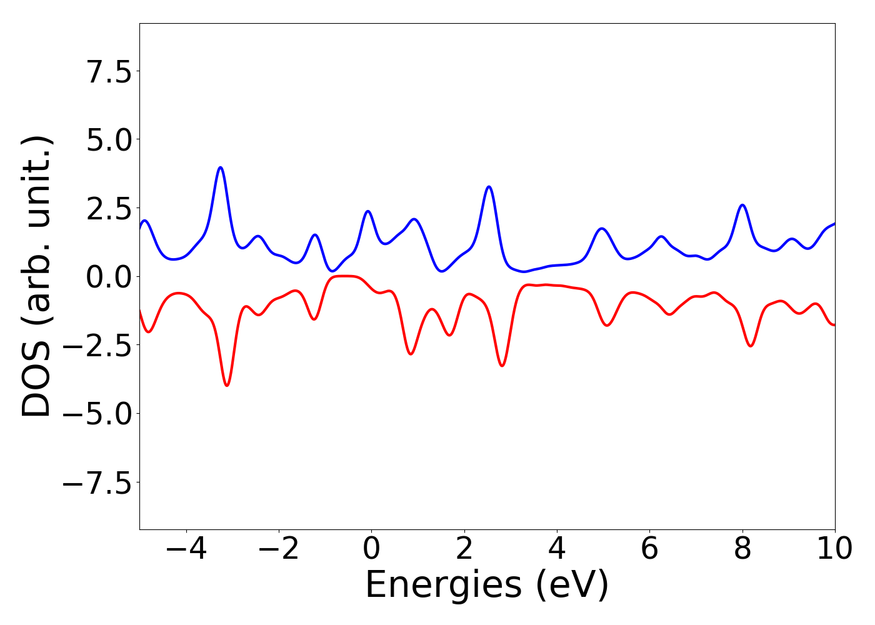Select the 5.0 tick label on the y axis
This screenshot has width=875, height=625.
(x=109, y=139)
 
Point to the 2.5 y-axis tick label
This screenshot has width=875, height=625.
(x=109, y=208)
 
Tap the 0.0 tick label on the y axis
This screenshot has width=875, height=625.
(x=109, y=277)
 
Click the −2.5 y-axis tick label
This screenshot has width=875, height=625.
(x=97, y=345)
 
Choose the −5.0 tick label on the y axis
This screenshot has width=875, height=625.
(x=97, y=414)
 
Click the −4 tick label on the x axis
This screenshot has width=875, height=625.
(x=186, y=549)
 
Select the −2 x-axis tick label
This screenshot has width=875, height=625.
(x=279, y=549)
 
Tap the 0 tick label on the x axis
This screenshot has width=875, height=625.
(x=371, y=549)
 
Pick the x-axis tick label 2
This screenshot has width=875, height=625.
(x=464, y=549)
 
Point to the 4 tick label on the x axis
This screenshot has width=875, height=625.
(x=557, y=549)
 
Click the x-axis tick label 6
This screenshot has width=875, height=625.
(x=649, y=549)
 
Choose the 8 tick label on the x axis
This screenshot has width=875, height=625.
(x=742, y=549)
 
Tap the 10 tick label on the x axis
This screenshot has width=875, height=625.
(x=835, y=549)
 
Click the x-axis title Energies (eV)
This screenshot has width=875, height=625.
(x=487, y=586)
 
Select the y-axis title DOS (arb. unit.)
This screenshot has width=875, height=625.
(x=37, y=276)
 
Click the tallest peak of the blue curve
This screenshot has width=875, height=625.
(x=220, y=167)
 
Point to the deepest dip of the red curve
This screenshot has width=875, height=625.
(x=227, y=386)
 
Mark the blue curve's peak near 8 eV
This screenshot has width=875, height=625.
(x=742, y=205)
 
